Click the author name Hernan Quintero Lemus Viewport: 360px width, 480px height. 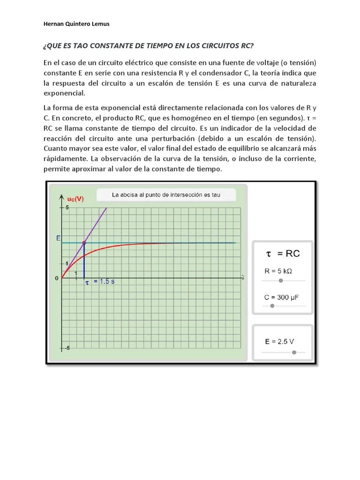tap(76, 24)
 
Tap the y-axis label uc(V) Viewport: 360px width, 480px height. tap(75, 199)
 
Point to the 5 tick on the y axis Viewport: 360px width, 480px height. tap(67, 207)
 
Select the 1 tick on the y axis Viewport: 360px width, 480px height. tap(67, 263)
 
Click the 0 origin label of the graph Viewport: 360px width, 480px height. tap(57, 278)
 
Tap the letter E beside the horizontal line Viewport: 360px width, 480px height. tap(58, 238)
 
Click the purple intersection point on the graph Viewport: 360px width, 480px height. tap(84, 243)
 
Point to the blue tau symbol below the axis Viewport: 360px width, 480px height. tap(87, 283)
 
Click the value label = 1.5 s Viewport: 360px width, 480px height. tap(104, 282)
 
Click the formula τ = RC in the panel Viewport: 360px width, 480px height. tap(283, 254)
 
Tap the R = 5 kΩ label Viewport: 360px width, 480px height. tap(278, 271)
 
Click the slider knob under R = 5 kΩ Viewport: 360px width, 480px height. tap(281, 280)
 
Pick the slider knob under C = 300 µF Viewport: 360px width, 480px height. tap(272, 306)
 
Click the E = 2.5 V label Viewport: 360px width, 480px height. tap(279, 342)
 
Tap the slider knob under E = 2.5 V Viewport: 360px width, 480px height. tap(294, 352)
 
